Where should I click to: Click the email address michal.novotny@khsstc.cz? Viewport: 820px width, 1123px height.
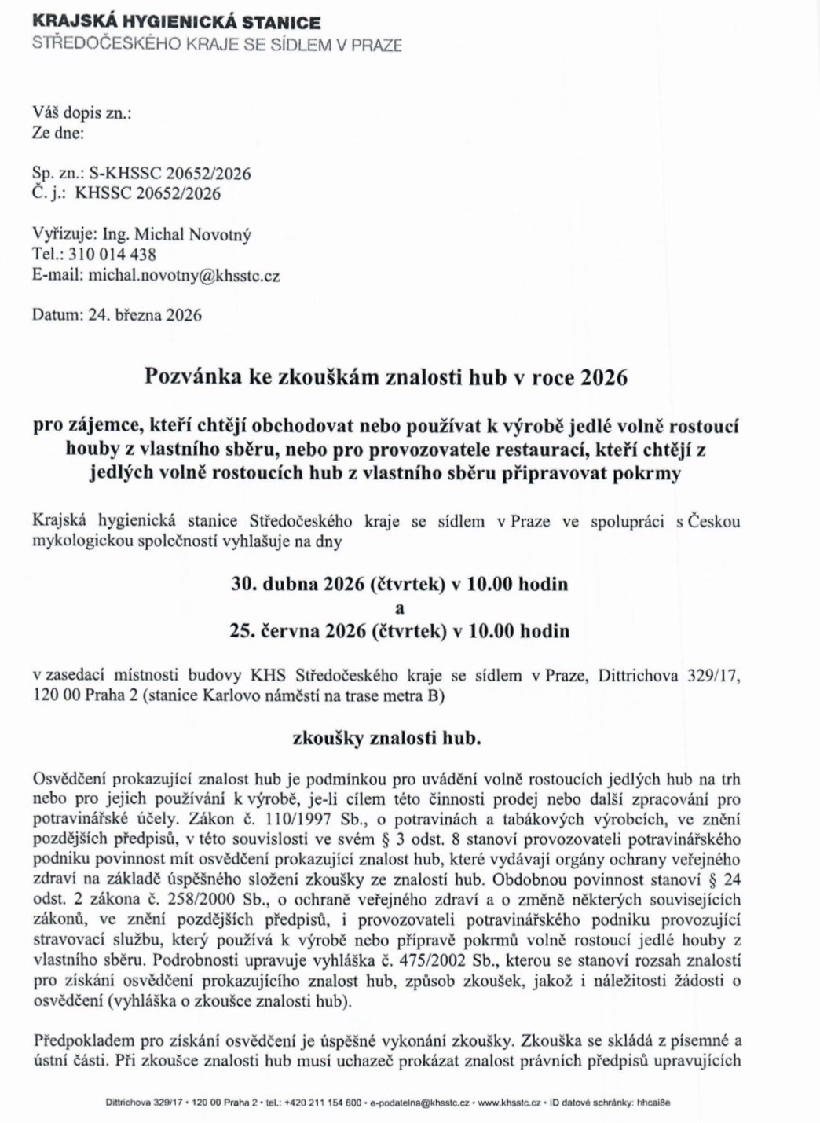pos(184,276)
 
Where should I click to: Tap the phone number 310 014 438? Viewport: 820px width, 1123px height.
pos(112,255)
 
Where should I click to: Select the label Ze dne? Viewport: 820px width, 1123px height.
pos(58,133)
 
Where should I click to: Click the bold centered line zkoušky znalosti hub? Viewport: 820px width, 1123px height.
pos(386,739)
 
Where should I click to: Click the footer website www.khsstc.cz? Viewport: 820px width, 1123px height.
pos(509,1103)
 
